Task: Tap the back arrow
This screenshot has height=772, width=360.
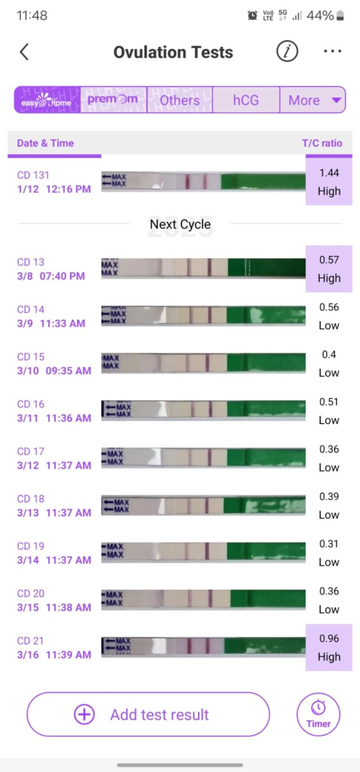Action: point(24,52)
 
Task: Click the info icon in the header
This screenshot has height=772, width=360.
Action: point(287,51)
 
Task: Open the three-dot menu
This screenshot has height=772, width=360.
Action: point(332,51)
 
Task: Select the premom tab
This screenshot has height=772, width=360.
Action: point(113,100)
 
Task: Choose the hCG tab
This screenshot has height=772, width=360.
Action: point(246,100)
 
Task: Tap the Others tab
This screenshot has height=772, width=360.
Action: point(180,100)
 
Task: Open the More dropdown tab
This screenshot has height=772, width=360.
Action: point(313,100)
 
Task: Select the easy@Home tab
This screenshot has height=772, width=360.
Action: point(47,100)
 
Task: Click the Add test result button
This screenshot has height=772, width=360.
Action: point(148,714)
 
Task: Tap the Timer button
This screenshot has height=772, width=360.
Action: point(318,715)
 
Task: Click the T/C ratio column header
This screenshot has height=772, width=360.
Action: point(322,143)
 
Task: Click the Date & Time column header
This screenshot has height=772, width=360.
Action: point(45,143)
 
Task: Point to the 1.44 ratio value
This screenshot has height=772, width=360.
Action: point(329,173)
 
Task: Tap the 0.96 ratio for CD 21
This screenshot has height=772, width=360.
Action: point(329,638)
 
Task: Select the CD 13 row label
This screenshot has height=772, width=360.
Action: point(30,262)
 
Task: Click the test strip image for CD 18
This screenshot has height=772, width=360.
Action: point(203,506)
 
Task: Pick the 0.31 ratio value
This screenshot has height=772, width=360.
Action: point(329,544)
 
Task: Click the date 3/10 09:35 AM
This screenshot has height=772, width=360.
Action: point(54,371)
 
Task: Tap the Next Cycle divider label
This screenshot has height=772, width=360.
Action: point(180,224)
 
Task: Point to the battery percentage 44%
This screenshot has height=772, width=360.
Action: point(320,15)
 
